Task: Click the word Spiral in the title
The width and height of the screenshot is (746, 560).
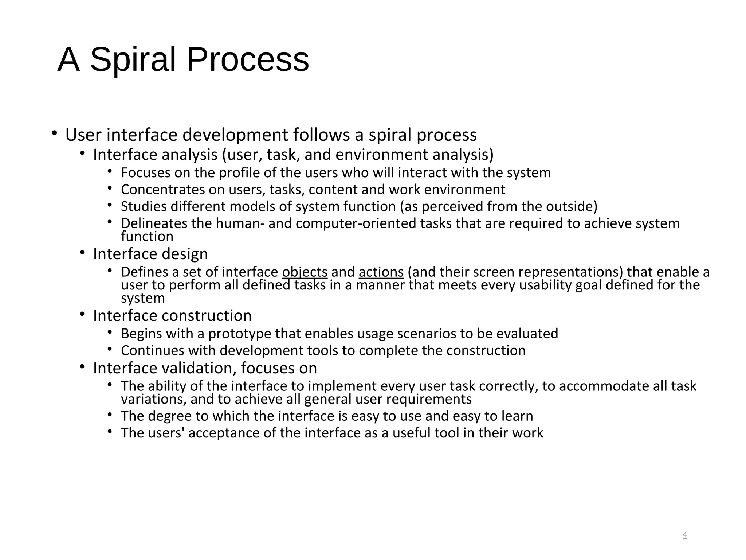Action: pos(133,60)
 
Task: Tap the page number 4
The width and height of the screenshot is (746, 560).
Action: pos(684,535)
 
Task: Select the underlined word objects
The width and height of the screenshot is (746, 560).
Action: pos(305,272)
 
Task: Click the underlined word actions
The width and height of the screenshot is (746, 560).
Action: pos(381,272)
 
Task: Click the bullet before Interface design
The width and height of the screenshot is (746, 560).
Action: pos(82,252)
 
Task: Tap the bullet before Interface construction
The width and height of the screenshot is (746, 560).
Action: pos(82,314)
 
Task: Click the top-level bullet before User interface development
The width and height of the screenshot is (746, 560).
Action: pos(54,133)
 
